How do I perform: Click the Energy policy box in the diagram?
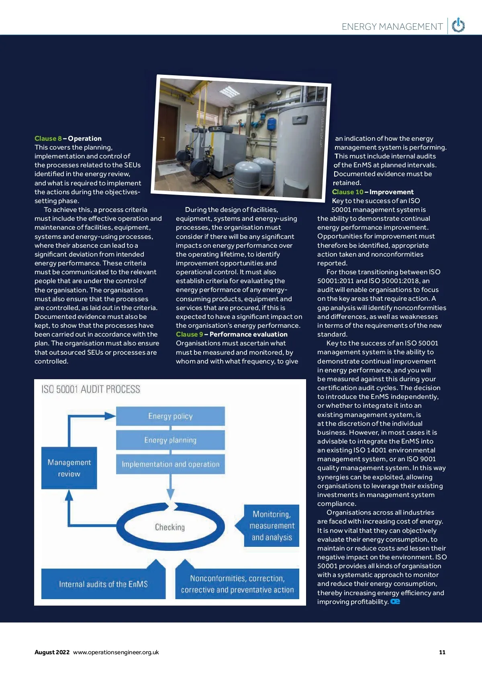pyautogui.click(x=170, y=416)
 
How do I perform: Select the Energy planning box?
pyautogui.click(x=170, y=440)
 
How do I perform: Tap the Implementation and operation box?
pyautogui.click(x=170, y=464)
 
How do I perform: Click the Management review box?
pyautogui.click(x=69, y=468)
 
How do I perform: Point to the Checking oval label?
pyautogui.click(x=170, y=527)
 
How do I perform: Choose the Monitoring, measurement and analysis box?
pyautogui.click(x=272, y=526)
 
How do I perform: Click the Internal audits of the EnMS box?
pyautogui.click(x=103, y=584)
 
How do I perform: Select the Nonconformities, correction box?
pyautogui.click(x=237, y=584)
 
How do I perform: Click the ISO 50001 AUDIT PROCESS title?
pyautogui.click(x=91, y=389)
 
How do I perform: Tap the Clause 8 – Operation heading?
pyautogui.click(x=68, y=138)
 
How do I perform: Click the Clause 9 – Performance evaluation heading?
pyautogui.click(x=231, y=334)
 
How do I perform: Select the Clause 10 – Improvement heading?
pyautogui.click(x=373, y=192)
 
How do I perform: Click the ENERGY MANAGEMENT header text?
pyautogui.click(x=392, y=27)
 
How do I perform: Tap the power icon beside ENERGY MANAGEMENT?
pyautogui.click(x=458, y=26)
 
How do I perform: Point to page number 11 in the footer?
pyautogui.click(x=442, y=652)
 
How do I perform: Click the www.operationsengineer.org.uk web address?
pyautogui.click(x=116, y=652)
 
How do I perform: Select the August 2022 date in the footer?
pyautogui.click(x=52, y=652)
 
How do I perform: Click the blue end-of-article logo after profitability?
pyautogui.click(x=395, y=602)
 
